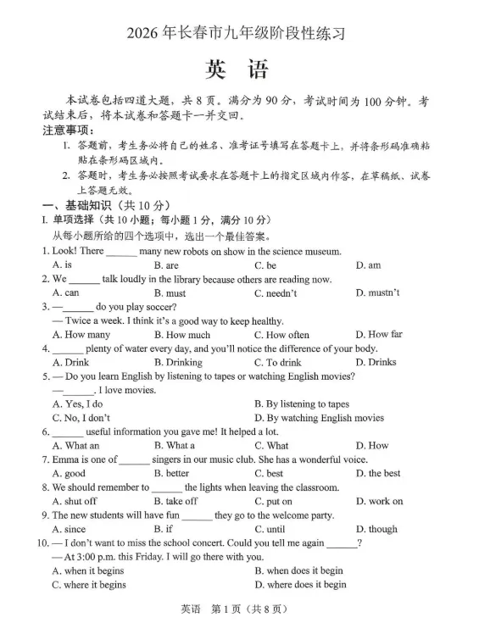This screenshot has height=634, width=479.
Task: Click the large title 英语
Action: pos(238,70)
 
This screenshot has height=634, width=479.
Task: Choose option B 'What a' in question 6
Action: pos(175,446)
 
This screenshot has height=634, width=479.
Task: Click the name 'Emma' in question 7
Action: pos(67,460)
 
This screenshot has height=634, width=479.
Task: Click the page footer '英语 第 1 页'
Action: pos(238,609)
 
